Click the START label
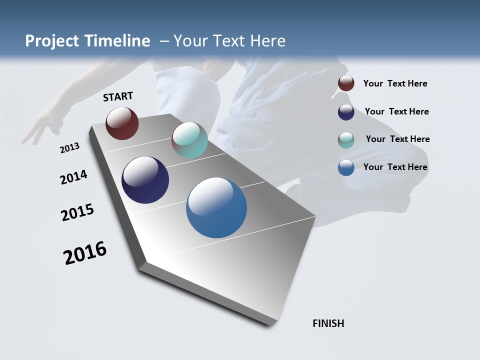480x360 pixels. (118, 96)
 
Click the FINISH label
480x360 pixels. (328, 323)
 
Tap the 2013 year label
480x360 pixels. (69, 148)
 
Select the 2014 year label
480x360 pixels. (73, 177)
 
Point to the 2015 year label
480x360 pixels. (77, 212)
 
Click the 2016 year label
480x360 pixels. (85, 253)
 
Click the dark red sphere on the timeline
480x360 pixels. (122, 123)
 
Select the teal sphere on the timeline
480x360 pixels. (189, 140)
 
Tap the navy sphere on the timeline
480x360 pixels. (145, 180)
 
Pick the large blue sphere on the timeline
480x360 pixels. (216, 207)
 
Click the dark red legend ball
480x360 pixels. (346, 83)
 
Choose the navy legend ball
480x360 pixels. (346, 112)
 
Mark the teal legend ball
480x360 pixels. (346, 140)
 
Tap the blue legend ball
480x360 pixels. (346, 167)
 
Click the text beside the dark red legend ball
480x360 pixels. (395, 83)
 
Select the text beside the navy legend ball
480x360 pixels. (396, 111)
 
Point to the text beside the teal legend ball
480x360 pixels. (397, 139)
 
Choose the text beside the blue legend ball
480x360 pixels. (395, 167)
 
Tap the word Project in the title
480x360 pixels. (51, 41)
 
